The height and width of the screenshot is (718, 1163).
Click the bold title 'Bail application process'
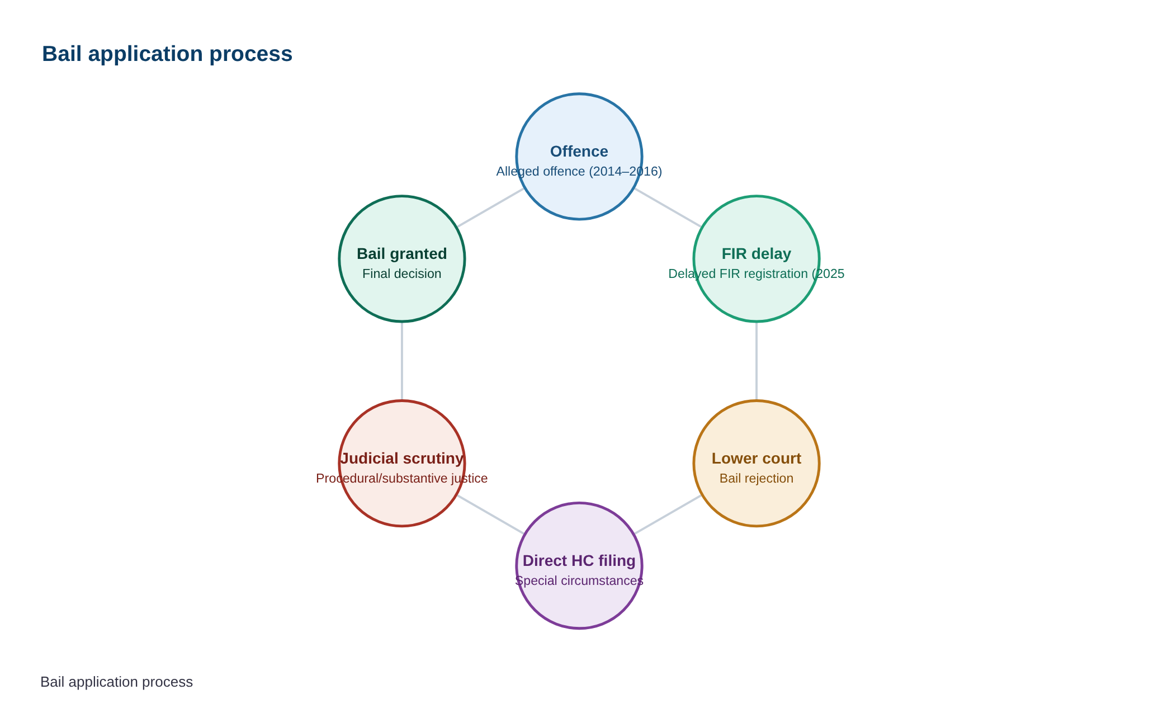(x=167, y=54)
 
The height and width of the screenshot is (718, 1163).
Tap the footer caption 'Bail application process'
(x=116, y=682)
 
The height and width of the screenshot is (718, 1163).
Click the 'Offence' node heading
(x=579, y=152)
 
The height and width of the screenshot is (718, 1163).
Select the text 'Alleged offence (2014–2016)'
(x=579, y=171)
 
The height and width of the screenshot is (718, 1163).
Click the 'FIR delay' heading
(x=757, y=254)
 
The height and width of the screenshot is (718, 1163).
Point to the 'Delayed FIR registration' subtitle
(x=757, y=273)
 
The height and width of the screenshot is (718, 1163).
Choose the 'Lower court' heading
(x=757, y=459)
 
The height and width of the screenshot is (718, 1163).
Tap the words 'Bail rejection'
(x=757, y=478)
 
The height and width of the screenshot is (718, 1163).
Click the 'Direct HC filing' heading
(x=579, y=561)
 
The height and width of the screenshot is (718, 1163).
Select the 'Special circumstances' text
(x=579, y=580)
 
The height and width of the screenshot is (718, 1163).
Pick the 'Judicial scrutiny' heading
(x=402, y=459)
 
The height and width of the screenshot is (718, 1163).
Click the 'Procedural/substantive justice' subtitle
(x=402, y=478)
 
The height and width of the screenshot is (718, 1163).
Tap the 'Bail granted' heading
(x=402, y=254)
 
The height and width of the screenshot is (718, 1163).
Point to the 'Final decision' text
(x=402, y=273)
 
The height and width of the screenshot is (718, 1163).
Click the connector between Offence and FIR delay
(x=668, y=207)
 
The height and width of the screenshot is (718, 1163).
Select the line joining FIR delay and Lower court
(x=757, y=361)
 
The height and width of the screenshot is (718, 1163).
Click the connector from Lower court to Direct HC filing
(x=668, y=514)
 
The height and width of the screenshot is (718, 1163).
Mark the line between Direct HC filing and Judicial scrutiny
(x=491, y=514)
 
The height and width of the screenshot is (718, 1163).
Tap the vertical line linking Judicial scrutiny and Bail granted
(x=402, y=361)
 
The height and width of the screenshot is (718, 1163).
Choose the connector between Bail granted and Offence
(x=491, y=207)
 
